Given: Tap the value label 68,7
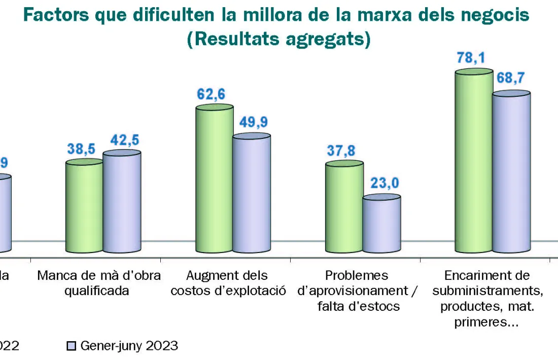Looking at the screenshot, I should (x=511, y=79).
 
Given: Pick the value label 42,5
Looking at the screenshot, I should (x=122, y=139).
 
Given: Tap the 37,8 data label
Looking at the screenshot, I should (x=341, y=151).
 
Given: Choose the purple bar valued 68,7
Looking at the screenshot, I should (x=511, y=172).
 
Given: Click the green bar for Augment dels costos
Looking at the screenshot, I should (x=215, y=180).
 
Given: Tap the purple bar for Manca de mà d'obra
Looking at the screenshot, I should (x=122, y=203).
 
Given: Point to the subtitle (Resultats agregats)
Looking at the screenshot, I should (x=278, y=39).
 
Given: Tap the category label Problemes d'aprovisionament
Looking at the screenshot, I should (x=358, y=291).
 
